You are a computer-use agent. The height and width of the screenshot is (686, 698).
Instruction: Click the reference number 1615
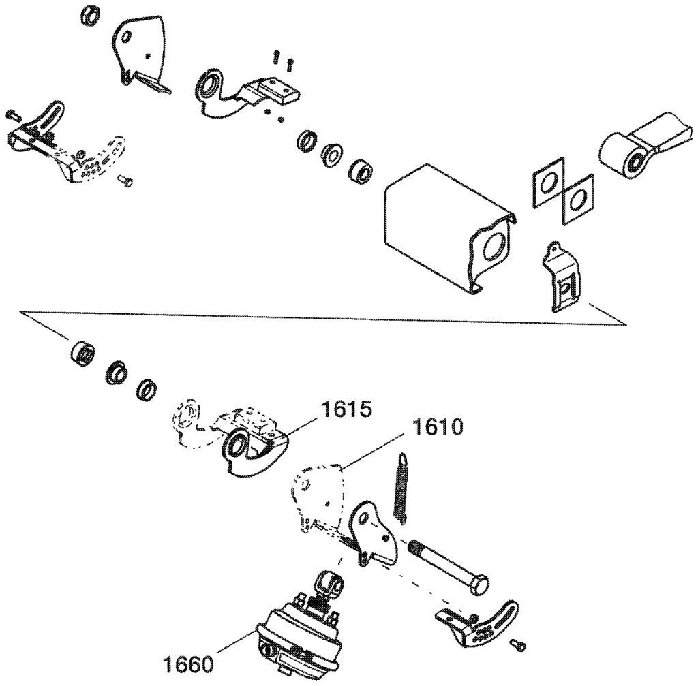pyautogui.click(x=346, y=409)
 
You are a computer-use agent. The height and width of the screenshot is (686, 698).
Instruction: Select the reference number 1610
pyautogui.click(x=438, y=428)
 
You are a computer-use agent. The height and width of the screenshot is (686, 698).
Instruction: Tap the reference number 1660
pyautogui.click(x=188, y=665)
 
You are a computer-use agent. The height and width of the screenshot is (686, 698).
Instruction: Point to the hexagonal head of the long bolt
pyautogui.click(x=479, y=583)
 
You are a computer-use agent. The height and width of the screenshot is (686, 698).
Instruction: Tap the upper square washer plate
pyautogui.click(x=548, y=182)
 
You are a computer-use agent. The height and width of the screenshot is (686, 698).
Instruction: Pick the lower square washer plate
pyautogui.click(x=577, y=200)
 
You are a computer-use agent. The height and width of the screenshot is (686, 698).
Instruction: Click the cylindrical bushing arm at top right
pyautogui.click(x=646, y=147)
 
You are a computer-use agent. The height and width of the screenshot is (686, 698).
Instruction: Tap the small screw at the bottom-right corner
pyautogui.click(x=518, y=644)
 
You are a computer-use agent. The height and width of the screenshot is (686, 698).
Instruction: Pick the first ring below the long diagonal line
pyautogui.click(x=82, y=353)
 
